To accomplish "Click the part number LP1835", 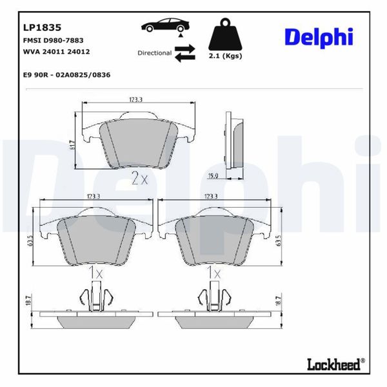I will click(x=42, y=28).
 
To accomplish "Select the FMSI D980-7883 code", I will click(x=52, y=41).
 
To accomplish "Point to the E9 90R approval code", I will click(x=66, y=75).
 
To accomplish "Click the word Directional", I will click(x=154, y=53).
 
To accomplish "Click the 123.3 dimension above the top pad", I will click(x=135, y=99).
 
